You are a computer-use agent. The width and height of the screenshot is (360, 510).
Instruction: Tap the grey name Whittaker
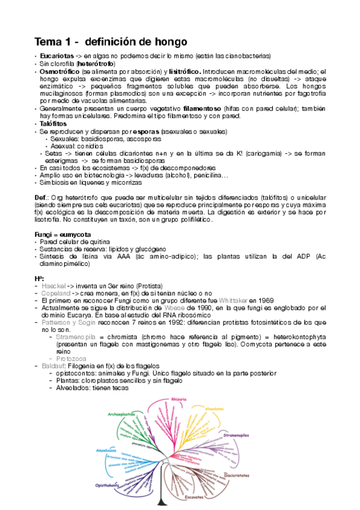tap(224, 300)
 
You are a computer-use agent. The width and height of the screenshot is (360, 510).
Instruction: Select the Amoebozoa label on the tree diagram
tap(105, 450)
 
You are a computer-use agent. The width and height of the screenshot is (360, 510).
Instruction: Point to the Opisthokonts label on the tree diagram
tap(106, 485)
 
